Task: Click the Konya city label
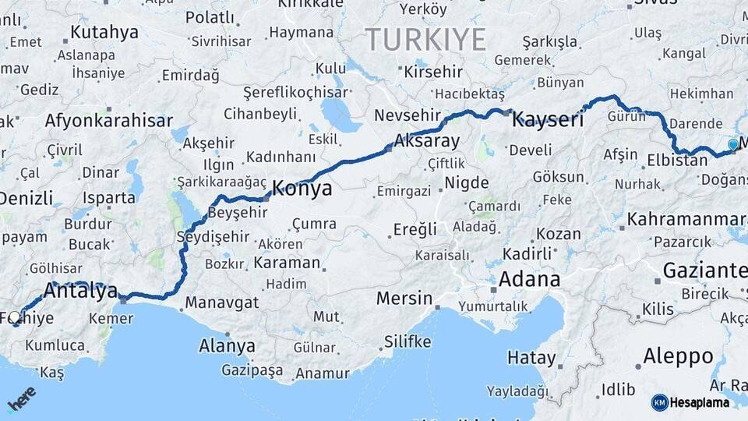pyautogui.click(x=302, y=189)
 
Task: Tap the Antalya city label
pyautogui.click(x=80, y=291)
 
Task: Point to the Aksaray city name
pyautogui.click(x=427, y=141)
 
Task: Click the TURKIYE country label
pyautogui.click(x=425, y=40)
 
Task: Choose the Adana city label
pyautogui.click(x=529, y=279)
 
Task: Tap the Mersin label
pyautogui.click(x=404, y=298)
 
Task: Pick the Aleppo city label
pyautogui.click(x=678, y=357)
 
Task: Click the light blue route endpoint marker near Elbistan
pyautogui.click(x=732, y=144)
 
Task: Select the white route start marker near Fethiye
pyautogui.click(x=15, y=317)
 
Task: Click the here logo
pyautogui.click(x=21, y=399)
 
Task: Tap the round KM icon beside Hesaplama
pyautogui.click(x=659, y=402)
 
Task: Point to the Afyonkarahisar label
pyautogui.click(x=108, y=121)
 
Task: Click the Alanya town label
pyautogui.click(x=227, y=345)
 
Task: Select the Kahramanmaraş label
pyautogui.click(x=686, y=219)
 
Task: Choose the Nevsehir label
pyautogui.click(x=402, y=115)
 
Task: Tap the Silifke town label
pyautogui.click(x=408, y=341)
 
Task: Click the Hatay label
pyautogui.click(x=531, y=358)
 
